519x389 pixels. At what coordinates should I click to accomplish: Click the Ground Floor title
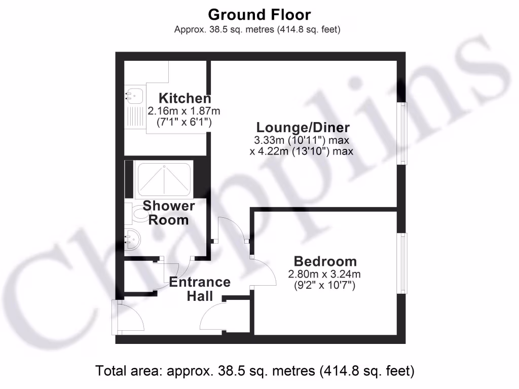(259, 14)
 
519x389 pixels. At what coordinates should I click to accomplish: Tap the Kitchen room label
(185, 98)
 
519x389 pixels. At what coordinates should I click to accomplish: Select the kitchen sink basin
(134, 94)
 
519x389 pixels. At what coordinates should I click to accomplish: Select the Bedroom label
(325, 261)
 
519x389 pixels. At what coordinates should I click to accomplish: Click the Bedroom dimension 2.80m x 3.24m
(324, 275)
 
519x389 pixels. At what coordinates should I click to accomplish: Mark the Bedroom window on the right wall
(402, 263)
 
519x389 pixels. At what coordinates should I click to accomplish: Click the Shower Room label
(168, 213)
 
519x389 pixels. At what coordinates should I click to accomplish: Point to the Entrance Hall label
(200, 289)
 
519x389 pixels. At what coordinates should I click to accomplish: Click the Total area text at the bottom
(255, 371)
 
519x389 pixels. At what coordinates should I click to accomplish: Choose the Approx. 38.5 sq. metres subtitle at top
(257, 29)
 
